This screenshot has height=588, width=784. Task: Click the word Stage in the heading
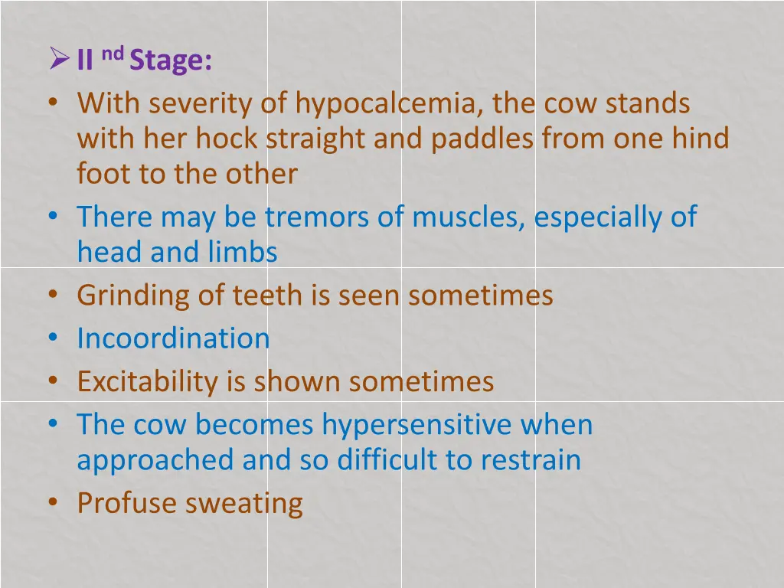pos(170,61)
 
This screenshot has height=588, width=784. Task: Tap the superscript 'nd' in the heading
pos(112,53)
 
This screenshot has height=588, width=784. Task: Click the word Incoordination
pos(173,338)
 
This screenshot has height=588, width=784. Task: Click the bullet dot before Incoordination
pos(52,337)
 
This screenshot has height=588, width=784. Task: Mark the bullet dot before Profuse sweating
pos(52,501)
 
